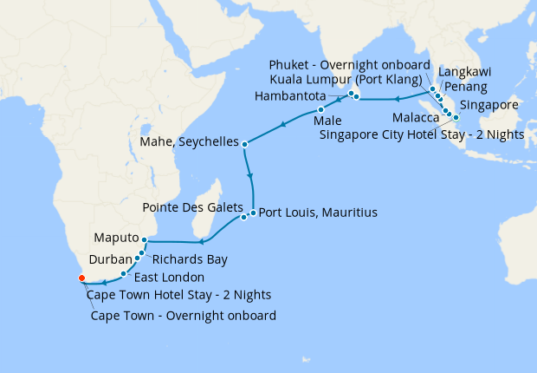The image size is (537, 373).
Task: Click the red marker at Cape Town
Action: coord(81,278)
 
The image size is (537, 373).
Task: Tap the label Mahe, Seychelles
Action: coord(189,141)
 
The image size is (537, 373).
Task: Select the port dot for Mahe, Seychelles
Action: coord(245,144)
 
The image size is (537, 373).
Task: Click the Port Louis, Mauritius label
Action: coord(318,212)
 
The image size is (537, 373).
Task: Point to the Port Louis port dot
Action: coord(253,213)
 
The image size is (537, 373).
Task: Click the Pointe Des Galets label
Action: coord(191,208)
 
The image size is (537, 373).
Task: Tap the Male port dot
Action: coord(320,110)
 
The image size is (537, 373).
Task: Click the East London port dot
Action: coord(123,273)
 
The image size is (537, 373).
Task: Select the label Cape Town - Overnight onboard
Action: coord(183,316)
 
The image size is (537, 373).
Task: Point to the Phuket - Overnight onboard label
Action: coord(350,65)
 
